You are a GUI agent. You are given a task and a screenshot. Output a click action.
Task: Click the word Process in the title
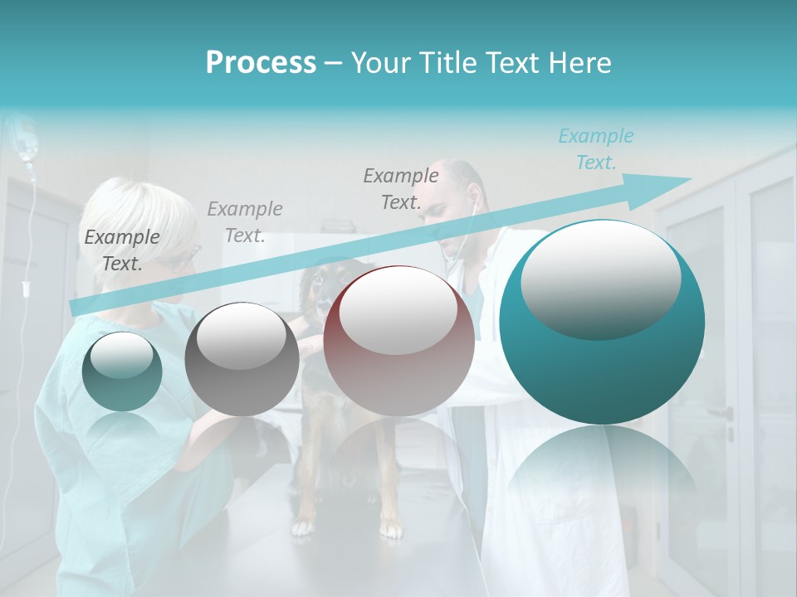tap(261, 63)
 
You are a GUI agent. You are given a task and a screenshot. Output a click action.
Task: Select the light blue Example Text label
tap(595, 149)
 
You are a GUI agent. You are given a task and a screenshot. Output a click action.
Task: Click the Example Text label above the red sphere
tap(401, 188)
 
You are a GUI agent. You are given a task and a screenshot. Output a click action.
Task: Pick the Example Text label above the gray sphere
tap(245, 221)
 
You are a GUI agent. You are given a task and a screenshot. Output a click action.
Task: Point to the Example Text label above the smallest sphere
tap(122, 250)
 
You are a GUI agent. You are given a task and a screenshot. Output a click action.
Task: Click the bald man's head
tap(461, 187)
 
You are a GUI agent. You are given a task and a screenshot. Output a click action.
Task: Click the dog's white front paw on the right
tap(390, 527)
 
